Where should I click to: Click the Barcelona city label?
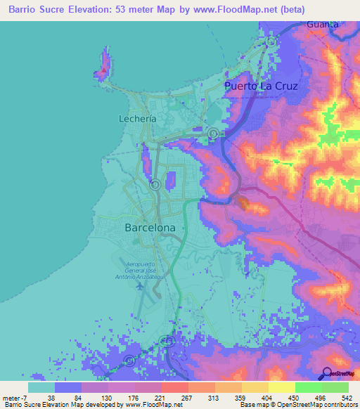[x=150, y=228]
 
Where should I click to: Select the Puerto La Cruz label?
[x=261, y=86]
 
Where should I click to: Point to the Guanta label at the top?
[x=323, y=24]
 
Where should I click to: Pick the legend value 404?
[x=284, y=398]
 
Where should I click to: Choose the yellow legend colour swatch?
[x=282, y=387]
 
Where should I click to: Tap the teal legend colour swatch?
[x=41, y=387]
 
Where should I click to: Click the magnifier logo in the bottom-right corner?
[x=326, y=372]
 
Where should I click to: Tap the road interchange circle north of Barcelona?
[x=155, y=185]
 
